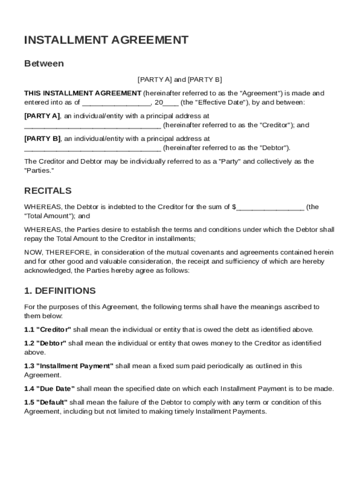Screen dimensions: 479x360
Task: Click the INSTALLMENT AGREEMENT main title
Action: click(106, 40)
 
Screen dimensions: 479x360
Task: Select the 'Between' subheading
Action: click(44, 64)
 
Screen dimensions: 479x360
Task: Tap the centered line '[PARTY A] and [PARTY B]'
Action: click(180, 80)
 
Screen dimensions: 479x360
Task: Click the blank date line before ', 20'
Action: click(116, 103)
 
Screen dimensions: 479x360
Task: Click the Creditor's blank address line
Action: click(93, 126)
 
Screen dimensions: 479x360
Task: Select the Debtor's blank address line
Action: click(93, 149)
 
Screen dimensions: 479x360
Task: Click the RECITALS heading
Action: click(48, 191)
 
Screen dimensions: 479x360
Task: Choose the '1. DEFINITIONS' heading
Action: click(60, 291)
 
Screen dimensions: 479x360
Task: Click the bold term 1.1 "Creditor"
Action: click(48, 329)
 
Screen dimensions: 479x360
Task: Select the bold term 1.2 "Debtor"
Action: click(46, 343)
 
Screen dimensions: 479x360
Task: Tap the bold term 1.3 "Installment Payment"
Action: click(69, 366)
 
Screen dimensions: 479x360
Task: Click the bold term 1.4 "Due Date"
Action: click(50, 389)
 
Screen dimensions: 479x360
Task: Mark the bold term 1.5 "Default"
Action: click(46, 402)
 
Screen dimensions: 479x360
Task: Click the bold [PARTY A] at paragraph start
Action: click(42, 116)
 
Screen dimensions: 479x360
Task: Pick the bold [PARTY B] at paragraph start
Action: click(42, 139)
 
